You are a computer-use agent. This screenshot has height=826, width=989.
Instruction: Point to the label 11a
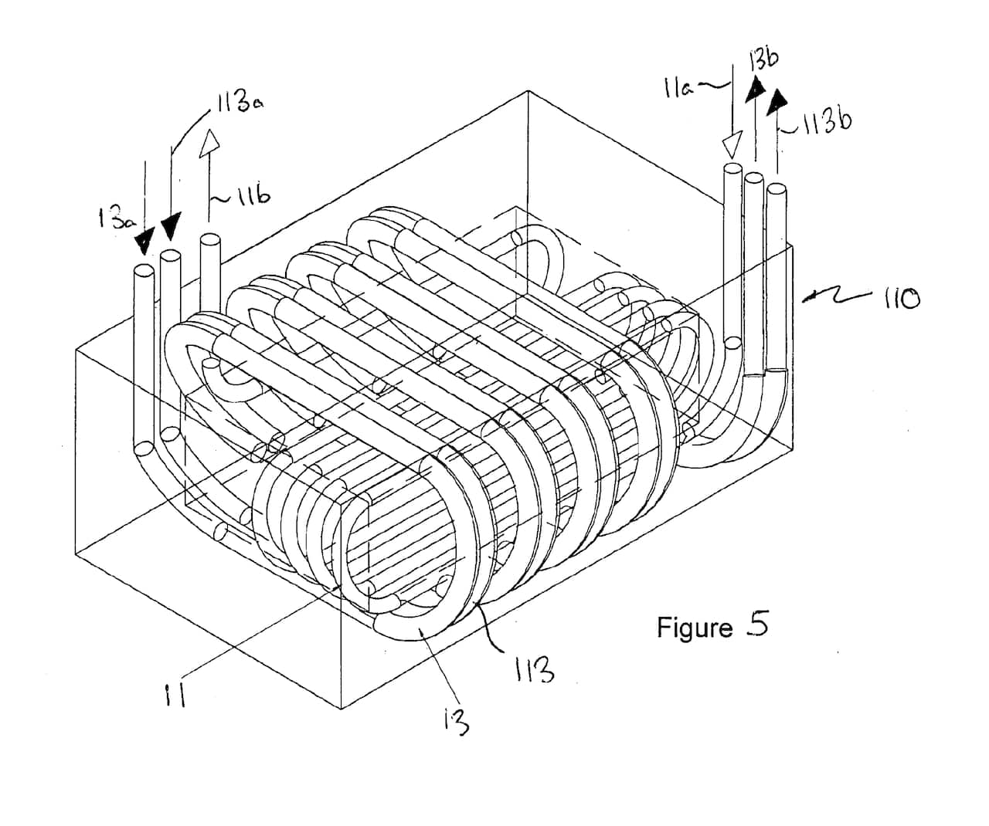coord(681,86)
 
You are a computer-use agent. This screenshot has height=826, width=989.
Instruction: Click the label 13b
coord(763,59)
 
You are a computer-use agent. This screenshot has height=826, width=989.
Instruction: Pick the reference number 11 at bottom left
coord(177,697)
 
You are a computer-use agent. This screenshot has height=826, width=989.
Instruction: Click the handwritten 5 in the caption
coord(757,624)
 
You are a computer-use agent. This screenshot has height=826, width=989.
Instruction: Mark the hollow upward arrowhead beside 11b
coord(209,141)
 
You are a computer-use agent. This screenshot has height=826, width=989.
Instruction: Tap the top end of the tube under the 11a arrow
coord(732,168)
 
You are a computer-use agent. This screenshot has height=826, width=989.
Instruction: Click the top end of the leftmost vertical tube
coord(143,271)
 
